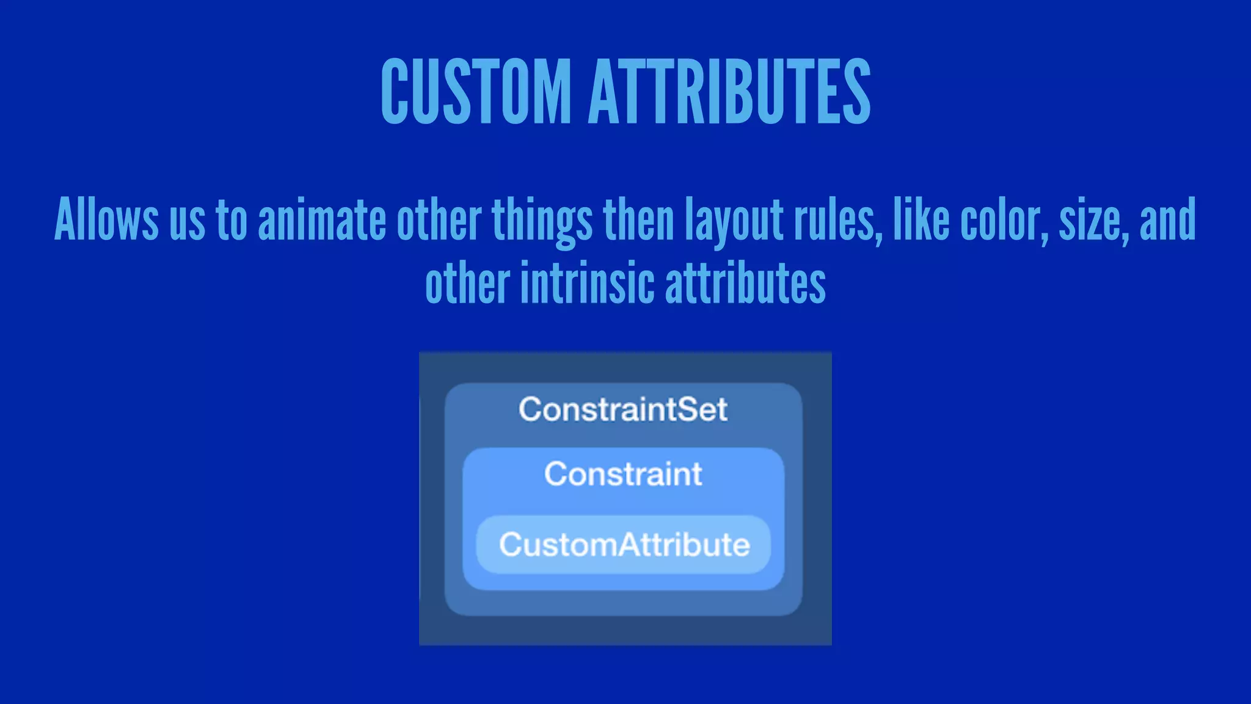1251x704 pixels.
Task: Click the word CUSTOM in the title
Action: click(x=476, y=92)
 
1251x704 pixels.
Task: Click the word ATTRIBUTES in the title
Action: click(x=729, y=92)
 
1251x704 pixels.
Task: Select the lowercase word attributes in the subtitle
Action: click(x=745, y=284)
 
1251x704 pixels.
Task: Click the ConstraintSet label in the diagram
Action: click(x=623, y=409)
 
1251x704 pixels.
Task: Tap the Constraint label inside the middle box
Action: click(x=623, y=474)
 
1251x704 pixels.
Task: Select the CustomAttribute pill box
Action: click(x=624, y=544)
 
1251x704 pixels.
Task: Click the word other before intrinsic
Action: click(x=467, y=284)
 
